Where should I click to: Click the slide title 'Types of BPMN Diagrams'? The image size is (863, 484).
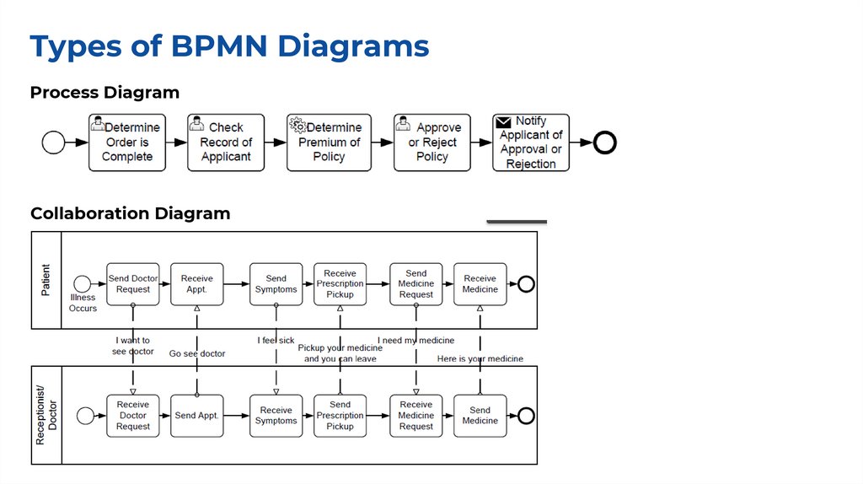229,46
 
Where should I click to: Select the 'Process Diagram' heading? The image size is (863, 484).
105,93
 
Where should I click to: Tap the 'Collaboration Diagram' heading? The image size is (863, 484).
130,213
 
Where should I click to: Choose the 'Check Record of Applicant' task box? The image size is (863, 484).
225,143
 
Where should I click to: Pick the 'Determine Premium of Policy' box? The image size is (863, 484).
329,143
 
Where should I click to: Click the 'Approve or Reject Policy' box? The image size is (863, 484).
431,143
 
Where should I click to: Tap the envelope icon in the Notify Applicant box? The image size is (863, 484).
504,122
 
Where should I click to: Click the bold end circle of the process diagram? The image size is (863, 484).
605,143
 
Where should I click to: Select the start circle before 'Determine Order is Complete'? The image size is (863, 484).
53,143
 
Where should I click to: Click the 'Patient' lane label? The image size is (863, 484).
46,280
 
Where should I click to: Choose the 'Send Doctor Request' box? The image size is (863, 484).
133,284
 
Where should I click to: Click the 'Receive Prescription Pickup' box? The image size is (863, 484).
340,284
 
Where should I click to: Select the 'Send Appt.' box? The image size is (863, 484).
197,416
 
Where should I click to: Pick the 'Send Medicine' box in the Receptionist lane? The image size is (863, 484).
480,416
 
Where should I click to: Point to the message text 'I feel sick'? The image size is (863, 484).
276,341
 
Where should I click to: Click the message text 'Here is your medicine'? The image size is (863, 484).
480,358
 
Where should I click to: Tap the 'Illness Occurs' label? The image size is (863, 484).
83,303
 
